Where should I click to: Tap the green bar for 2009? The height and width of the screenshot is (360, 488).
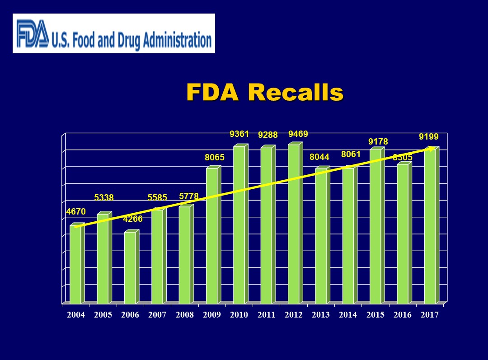(212, 235)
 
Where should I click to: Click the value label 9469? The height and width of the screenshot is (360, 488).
(298, 134)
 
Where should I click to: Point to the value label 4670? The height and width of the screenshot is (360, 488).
(75, 211)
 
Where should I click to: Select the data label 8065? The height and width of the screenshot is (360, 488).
(215, 158)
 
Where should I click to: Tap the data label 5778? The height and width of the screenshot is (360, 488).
(189, 196)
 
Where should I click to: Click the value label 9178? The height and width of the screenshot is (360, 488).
(378, 142)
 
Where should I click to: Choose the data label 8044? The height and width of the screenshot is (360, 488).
(319, 157)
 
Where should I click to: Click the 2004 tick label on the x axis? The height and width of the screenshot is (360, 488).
(76, 315)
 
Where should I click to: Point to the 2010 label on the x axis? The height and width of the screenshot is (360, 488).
(239, 315)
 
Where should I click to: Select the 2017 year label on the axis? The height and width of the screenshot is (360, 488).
(430, 315)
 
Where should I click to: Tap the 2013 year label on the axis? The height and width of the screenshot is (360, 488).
(321, 315)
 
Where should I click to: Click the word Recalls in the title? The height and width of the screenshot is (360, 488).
(296, 93)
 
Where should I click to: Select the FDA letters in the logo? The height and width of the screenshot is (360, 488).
(33, 34)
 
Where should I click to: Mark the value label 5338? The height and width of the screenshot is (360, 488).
(104, 197)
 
